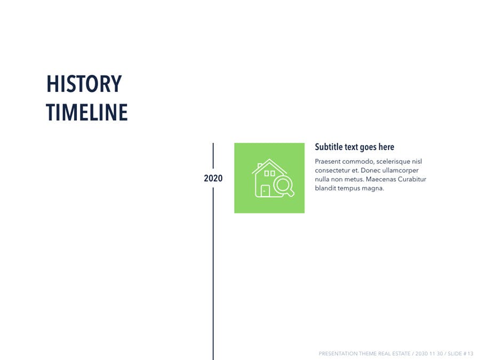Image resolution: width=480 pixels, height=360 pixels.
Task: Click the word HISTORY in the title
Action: [x=84, y=84]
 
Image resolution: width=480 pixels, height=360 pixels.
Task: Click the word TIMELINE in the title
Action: [x=87, y=113]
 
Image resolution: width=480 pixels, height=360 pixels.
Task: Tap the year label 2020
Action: [x=213, y=178]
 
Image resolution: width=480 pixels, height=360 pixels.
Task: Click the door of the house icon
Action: [x=265, y=191]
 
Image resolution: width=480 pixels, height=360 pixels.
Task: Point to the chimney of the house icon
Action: [x=260, y=166]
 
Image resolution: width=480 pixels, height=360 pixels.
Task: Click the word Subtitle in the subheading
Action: [x=329, y=147]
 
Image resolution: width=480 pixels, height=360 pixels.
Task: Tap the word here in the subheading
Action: [x=386, y=147]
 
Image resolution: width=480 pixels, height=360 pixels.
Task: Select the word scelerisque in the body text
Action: [x=393, y=161]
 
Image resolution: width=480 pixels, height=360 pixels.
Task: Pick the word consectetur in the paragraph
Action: [x=332, y=170]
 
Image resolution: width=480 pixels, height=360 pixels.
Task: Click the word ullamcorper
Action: [x=401, y=171]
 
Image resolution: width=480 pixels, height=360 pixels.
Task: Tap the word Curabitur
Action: [x=412, y=179]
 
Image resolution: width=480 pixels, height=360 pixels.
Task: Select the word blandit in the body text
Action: [x=325, y=188]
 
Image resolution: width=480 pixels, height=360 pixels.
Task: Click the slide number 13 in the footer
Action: [x=470, y=354]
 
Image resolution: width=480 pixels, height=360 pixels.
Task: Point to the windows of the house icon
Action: [x=269, y=173]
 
